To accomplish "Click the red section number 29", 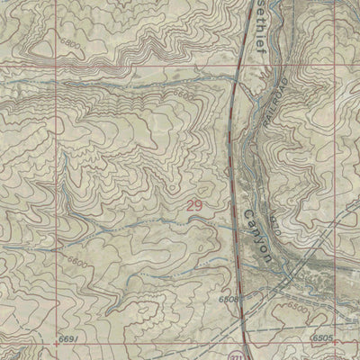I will coord(195,206).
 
